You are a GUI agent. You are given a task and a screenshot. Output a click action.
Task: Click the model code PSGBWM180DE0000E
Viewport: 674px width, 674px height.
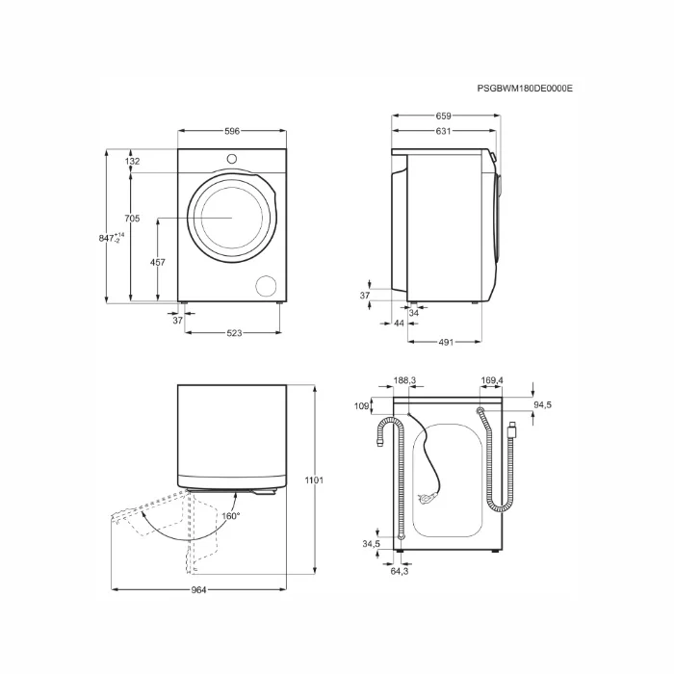525,88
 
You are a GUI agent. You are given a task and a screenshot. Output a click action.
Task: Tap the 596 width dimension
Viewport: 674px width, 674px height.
232,131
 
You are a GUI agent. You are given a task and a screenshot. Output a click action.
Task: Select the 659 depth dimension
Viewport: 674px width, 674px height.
445,117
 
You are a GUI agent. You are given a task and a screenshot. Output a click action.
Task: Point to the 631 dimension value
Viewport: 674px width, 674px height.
445,131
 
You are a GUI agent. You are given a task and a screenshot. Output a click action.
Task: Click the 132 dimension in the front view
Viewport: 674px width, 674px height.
133,161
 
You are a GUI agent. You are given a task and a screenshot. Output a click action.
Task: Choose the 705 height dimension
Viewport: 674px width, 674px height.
133,219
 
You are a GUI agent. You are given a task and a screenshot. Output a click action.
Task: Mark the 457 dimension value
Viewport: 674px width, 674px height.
158,262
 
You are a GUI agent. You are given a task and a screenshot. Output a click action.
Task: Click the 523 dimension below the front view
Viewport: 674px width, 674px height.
233,333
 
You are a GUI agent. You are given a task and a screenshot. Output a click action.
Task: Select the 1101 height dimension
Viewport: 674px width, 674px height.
314,480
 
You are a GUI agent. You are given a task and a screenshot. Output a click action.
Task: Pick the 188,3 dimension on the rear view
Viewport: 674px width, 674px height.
404,381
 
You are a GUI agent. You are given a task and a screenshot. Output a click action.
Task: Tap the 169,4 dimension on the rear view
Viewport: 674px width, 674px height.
493,381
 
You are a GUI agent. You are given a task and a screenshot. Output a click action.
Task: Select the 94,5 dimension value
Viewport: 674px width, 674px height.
542,405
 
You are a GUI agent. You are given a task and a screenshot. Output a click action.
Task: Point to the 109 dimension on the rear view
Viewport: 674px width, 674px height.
362,405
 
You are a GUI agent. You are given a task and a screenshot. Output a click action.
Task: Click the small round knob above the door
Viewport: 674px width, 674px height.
232,158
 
